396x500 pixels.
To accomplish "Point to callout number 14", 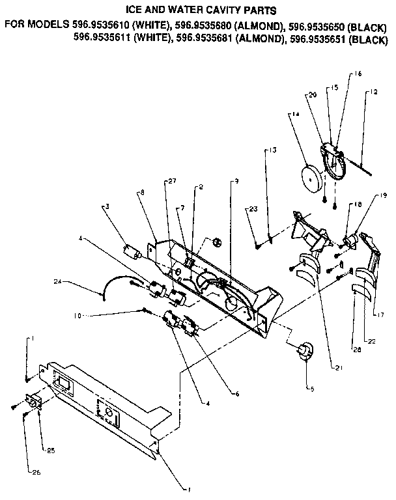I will click(296, 115).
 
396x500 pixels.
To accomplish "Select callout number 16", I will click(358, 75).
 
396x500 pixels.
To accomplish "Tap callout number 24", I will click(57, 282).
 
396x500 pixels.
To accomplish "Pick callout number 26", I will click(30, 473).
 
